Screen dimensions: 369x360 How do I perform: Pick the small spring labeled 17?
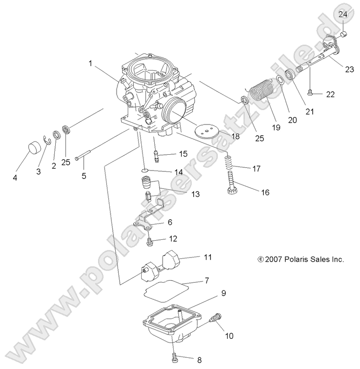point(228,164)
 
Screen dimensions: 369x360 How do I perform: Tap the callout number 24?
point(342,14)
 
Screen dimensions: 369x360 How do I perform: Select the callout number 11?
point(208,257)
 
